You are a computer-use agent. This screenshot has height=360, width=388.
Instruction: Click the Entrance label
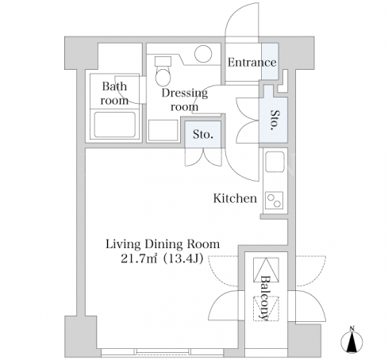(252, 63)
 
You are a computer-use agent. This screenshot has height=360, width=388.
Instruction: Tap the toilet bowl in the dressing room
(163, 76)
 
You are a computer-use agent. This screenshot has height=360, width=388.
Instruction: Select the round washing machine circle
(203, 54)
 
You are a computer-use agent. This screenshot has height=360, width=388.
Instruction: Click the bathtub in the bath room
(115, 124)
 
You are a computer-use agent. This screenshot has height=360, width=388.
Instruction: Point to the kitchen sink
(275, 162)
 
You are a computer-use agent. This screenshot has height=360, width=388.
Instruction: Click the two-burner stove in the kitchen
(275, 201)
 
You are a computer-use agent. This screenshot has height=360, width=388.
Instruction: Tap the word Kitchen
(235, 198)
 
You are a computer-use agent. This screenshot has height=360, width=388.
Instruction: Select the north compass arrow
(352, 342)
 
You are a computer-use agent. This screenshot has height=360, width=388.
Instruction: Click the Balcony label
(265, 298)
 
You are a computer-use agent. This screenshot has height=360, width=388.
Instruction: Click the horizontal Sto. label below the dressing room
(203, 135)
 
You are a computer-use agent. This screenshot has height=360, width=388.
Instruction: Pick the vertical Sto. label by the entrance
(275, 120)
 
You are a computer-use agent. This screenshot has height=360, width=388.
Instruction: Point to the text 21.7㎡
(140, 259)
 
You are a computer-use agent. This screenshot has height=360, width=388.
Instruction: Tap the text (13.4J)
(183, 259)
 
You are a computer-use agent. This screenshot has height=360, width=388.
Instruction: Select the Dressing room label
(185, 100)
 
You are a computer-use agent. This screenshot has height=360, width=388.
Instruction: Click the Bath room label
(114, 94)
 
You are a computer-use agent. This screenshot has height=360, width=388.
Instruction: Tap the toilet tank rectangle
(163, 61)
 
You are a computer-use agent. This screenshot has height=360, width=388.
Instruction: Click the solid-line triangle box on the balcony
(266, 270)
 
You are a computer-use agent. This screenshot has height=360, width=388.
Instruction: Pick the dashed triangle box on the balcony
(266, 308)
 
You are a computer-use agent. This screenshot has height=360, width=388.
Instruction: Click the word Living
(123, 244)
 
